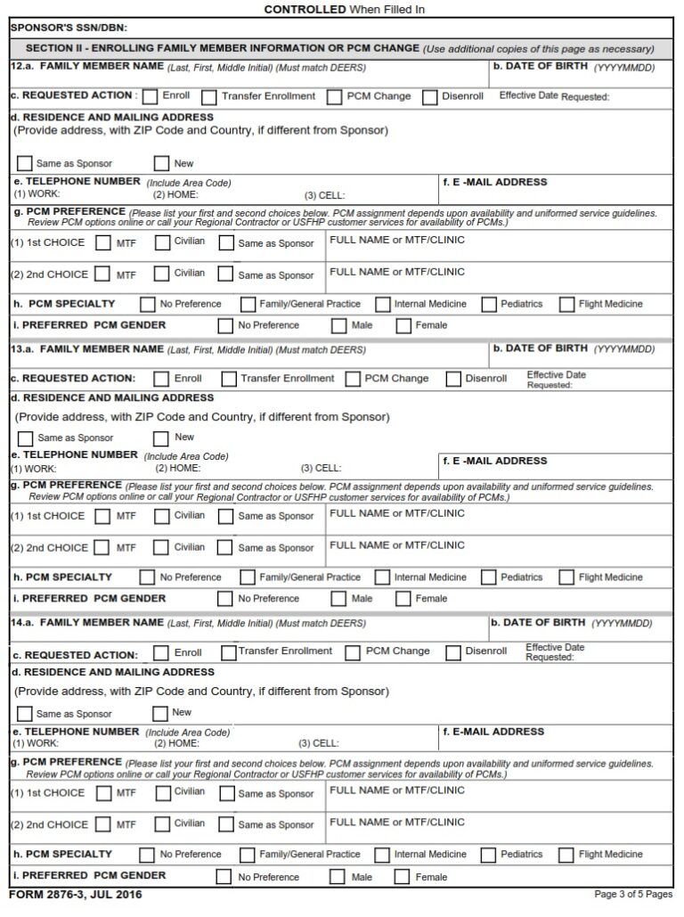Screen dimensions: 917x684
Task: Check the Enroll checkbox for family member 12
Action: click(x=151, y=97)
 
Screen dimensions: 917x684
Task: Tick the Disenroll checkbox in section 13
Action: click(x=453, y=379)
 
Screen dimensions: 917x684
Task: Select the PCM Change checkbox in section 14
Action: click(x=353, y=652)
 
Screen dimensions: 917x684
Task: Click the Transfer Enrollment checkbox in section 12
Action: click(x=209, y=97)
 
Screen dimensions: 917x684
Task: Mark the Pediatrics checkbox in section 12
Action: click(x=489, y=305)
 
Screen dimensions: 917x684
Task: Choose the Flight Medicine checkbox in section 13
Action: click(x=567, y=578)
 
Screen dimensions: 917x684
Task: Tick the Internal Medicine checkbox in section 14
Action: click(x=383, y=855)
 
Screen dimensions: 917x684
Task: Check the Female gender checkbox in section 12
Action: click(x=403, y=326)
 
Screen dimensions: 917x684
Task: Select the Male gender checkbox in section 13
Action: click(x=338, y=600)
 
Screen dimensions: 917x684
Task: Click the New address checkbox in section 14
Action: click(x=160, y=713)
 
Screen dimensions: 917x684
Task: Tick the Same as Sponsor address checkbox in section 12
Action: click(x=25, y=164)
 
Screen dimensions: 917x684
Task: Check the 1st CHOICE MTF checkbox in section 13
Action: click(x=103, y=516)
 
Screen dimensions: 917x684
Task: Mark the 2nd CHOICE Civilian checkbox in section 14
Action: click(x=162, y=824)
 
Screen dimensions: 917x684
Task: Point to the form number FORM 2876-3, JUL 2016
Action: click(x=75, y=895)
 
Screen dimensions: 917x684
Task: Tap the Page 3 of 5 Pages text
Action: click(x=632, y=894)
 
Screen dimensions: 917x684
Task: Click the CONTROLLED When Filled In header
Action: click(x=345, y=9)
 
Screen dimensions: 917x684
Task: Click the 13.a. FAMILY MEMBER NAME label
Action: click(x=102, y=349)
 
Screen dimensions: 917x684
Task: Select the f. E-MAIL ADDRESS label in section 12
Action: click(x=494, y=183)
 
